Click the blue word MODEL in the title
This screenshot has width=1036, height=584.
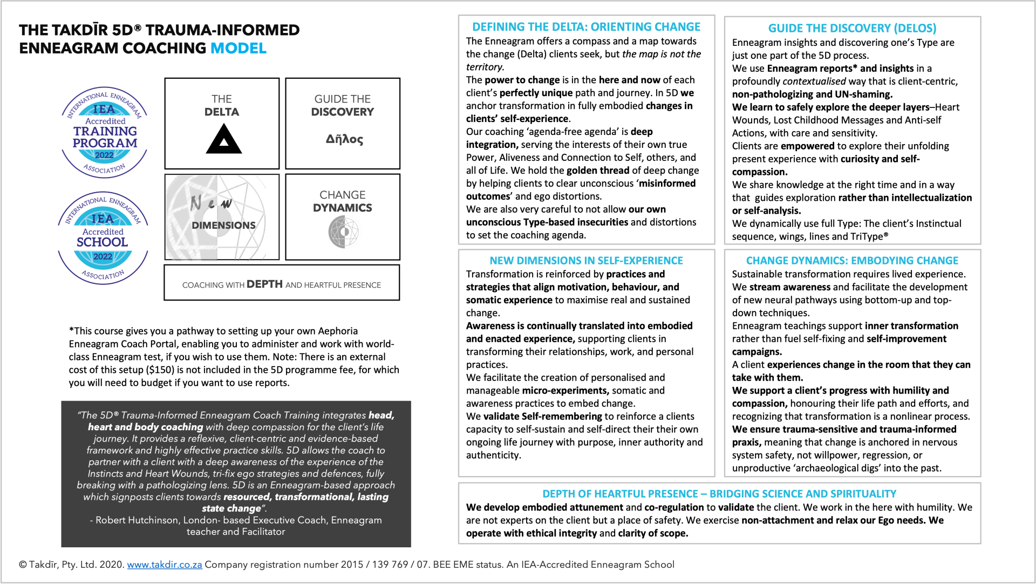pyautogui.click(x=238, y=48)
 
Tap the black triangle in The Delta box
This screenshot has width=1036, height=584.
pyautogui.click(x=223, y=140)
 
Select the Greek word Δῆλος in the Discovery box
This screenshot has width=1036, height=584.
pyautogui.click(x=344, y=139)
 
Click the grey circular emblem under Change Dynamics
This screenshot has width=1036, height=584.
pyautogui.click(x=344, y=232)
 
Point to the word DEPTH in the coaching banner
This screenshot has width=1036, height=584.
pyautogui.click(x=264, y=284)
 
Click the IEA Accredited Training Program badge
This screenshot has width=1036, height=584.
pyautogui.click(x=105, y=133)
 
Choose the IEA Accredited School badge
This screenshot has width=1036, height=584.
pyautogui.click(x=103, y=237)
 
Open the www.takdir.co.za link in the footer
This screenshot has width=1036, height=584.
pyautogui.click(x=165, y=565)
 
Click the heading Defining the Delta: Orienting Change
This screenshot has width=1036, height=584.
pyautogui.click(x=586, y=27)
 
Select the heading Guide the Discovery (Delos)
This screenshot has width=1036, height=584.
pyautogui.click(x=852, y=28)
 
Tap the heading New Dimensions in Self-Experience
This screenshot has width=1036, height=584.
pyautogui.click(x=586, y=261)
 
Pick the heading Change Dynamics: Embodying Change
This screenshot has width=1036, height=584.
pyautogui.click(x=852, y=261)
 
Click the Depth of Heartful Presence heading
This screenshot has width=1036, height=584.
pyautogui.click(x=719, y=494)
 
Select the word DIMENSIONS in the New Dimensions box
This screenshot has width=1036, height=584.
pyautogui.click(x=223, y=226)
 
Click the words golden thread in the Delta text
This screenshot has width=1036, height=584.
pyautogui.click(x=597, y=171)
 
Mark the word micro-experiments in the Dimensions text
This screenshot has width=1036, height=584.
pyautogui.click(x=565, y=391)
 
